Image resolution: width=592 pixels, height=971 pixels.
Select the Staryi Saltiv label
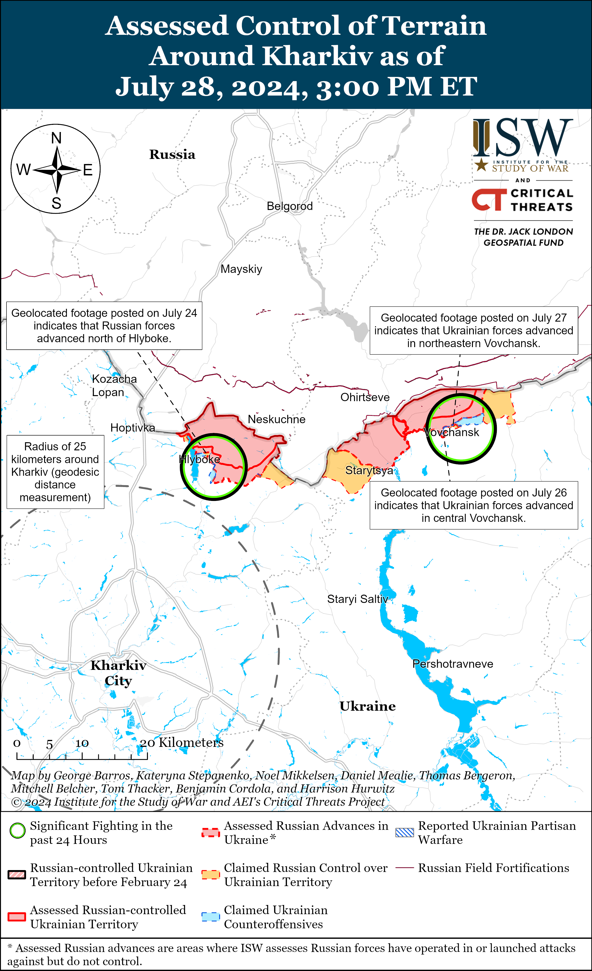click(357, 599)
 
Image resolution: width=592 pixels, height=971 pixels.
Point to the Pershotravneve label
click(452, 664)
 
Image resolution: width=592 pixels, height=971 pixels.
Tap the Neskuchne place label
click(276, 419)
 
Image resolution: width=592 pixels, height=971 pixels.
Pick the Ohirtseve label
click(365, 397)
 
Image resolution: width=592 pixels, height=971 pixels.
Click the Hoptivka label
click(133, 428)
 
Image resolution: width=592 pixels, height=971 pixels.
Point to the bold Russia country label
click(172, 155)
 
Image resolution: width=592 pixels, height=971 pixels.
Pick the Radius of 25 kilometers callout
click(55, 472)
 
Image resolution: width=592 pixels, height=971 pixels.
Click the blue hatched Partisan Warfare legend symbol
click(405, 832)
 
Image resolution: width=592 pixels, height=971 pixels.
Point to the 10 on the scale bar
click(82, 743)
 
